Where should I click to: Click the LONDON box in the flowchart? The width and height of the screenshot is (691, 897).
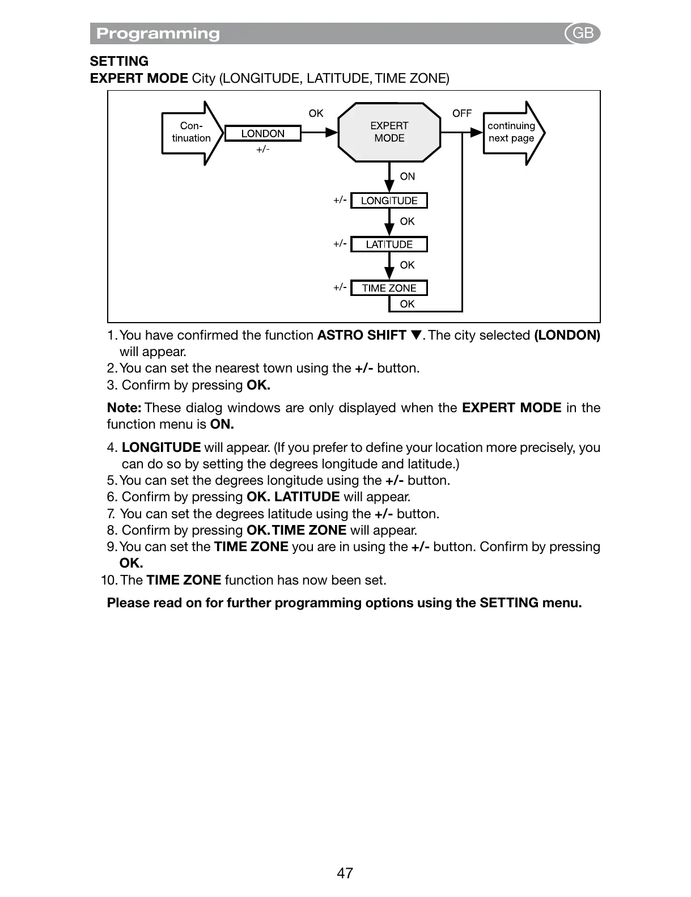tap(262, 134)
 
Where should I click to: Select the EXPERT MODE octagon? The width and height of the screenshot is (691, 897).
tap(389, 132)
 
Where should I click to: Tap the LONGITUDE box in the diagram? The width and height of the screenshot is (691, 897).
tap(389, 201)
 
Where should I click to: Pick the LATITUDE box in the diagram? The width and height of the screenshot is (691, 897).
tap(389, 244)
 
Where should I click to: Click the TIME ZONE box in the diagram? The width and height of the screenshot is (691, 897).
tap(389, 288)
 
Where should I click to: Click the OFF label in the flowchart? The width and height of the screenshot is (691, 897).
tap(461, 113)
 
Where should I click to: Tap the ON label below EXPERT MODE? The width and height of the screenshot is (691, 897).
tap(407, 176)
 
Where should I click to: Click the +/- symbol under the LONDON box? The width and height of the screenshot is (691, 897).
tap(262, 149)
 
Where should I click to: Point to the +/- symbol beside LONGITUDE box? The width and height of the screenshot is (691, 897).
tap(340, 200)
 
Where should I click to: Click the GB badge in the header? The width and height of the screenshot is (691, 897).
tap(583, 33)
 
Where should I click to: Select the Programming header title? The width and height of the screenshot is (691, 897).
tap(158, 33)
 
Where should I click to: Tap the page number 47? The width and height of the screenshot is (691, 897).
tap(345, 873)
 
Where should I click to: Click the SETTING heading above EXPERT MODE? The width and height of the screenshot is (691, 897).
tap(119, 61)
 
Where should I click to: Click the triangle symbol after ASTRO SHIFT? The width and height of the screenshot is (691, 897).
tap(416, 336)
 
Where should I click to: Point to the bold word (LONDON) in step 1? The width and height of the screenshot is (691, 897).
tap(567, 335)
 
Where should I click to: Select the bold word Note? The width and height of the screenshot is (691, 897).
tap(124, 408)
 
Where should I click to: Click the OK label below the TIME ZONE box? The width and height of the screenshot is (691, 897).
tap(407, 304)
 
